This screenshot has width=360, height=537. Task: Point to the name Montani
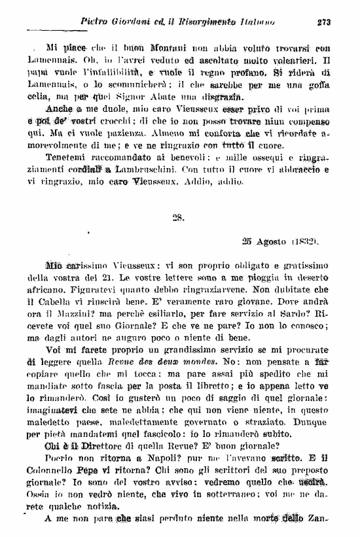click(x=161, y=48)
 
